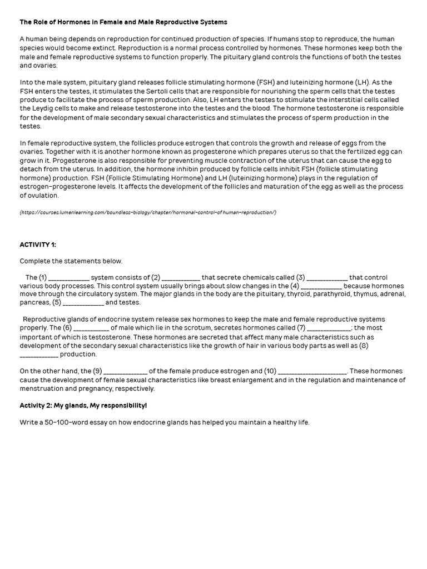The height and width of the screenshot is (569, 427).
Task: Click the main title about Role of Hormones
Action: click(x=123, y=22)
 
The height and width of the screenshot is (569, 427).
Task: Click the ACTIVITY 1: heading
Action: click(x=38, y=244)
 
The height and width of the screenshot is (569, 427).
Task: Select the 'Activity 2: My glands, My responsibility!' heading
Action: click(x=83, y=406)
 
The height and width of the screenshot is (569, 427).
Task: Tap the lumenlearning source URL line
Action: click(x=148, y=212)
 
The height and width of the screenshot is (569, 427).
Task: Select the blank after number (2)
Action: click(x=181, y=278)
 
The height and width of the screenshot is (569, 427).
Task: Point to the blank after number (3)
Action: click(x=327, y=278)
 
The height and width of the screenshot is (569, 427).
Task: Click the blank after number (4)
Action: click(x=322, y=286)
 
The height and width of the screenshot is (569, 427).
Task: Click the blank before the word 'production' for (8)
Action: click(x=39, y=355)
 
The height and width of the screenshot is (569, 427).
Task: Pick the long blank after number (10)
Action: click(x=312, y=371)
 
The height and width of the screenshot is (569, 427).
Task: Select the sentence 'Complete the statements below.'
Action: click(x=71, y=261)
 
